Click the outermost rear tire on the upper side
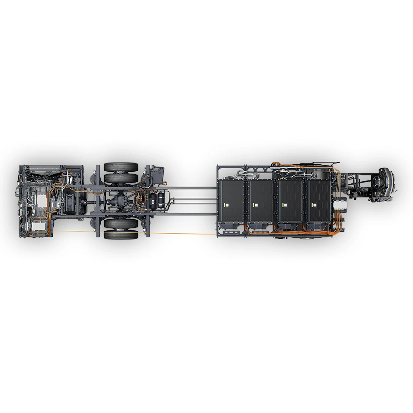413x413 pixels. pos(121,167)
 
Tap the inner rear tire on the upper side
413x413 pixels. pos(121,178)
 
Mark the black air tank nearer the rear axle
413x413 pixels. pos(154,201)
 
